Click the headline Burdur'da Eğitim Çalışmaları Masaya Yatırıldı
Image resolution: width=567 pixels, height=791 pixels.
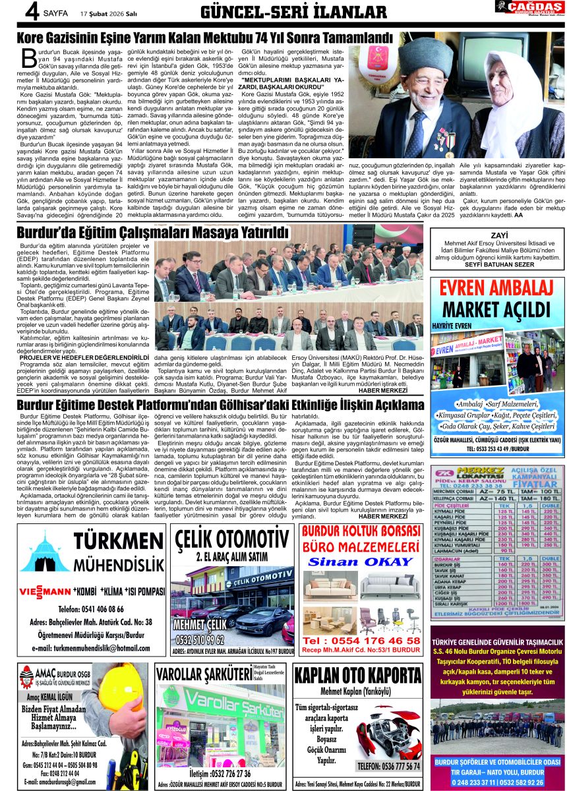point(153,232)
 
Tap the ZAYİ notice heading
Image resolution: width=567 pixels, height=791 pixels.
point(498,235)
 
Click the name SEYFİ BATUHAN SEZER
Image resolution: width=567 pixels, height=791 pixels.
point(498,264)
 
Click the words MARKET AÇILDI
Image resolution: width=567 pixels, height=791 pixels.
point(498,310)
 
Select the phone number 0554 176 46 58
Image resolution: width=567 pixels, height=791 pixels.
point(360,640)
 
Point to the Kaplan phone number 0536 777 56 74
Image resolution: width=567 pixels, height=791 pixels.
point(387,766)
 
